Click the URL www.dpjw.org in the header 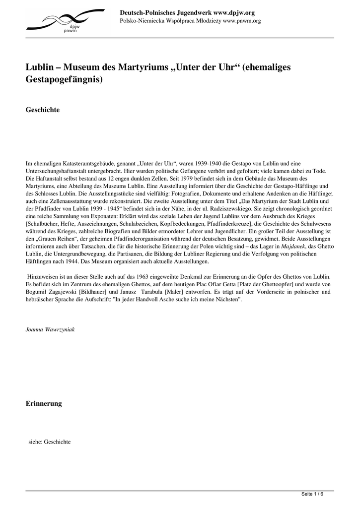tap(233, 12)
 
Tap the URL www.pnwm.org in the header tap(242, 21)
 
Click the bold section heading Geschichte tap(43, 110)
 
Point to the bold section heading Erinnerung tap(44, 403)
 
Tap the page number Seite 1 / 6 tap(312, 494)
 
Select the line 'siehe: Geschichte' tap(50, 442)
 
